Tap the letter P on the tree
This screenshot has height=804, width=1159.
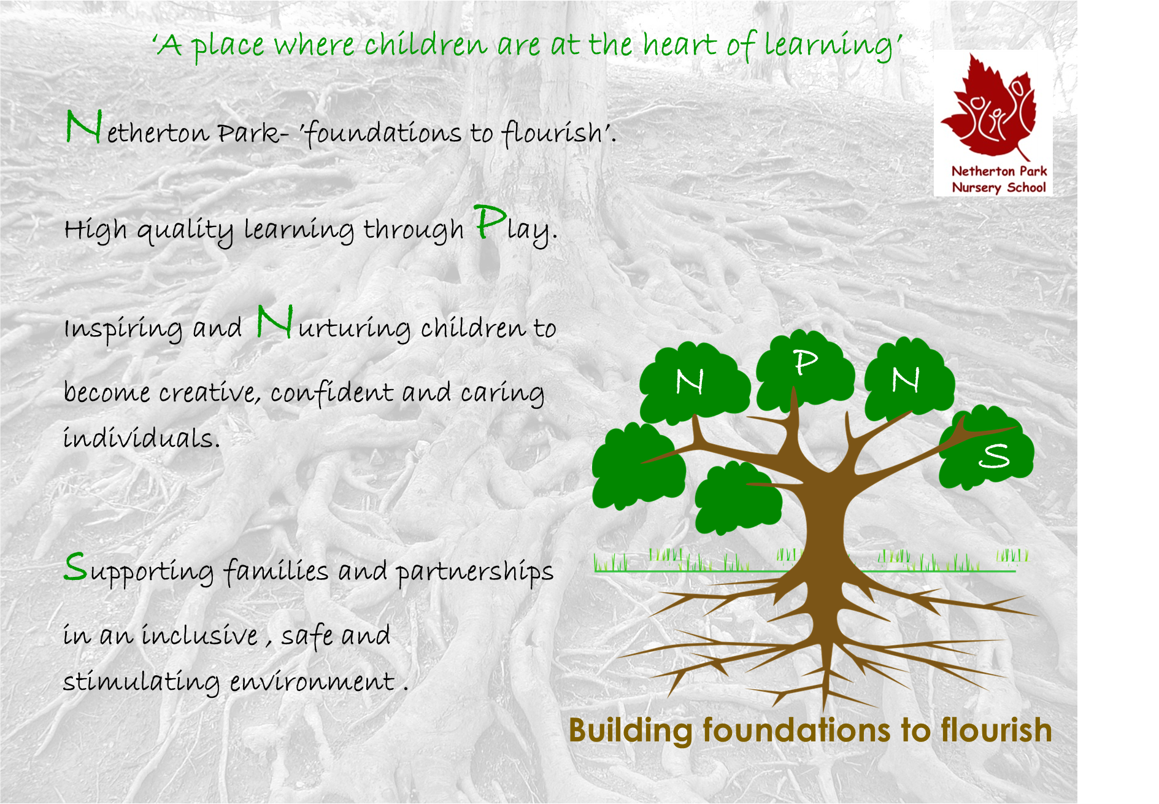pyautogui.click(x=806, y=362)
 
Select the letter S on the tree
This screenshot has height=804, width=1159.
pyautogui.click(x=994, y=455)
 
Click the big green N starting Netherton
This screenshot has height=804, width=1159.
pyautogui.click(x=83, y=127)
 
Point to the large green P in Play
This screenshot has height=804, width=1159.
pyautogui.click(x=490, y=222)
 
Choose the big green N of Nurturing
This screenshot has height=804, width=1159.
pyautogui.click(x=274, y=322)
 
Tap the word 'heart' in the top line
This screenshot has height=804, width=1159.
pyautogui.click(x=679, y=44)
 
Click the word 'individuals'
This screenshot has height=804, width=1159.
pyautogui.click(x=141, y=438)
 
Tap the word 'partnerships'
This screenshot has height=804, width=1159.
pyautogui.click(x=474, y=571)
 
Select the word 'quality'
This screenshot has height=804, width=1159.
pyautogui.click(x=185, y=230)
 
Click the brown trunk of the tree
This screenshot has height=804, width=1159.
pyautogui.click(x=824, y=528)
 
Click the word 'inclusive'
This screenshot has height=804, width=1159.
pyautogui.click(x=199, y=635)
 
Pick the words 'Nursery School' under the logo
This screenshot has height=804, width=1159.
pyautogui.click(x=998, y=187)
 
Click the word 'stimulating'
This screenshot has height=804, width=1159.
pyautogui.click(x=141, y=682)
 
